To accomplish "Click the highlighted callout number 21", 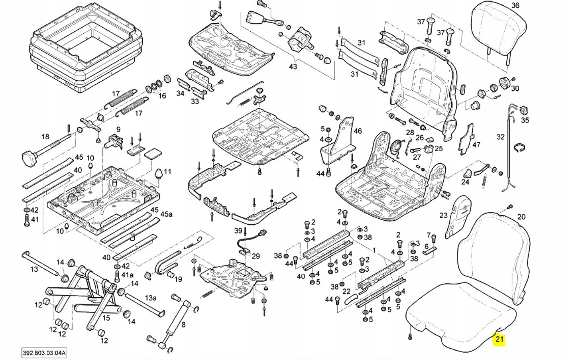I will [499, 339].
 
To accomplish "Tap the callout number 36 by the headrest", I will [515, 5].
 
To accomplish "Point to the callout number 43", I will [293, 66].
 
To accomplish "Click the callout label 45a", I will [166, 214].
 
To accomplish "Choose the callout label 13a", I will [151, 298].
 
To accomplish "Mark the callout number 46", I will [357, 131].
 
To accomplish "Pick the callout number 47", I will [476, 145].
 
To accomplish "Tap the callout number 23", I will [443, 215].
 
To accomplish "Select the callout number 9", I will [118, 130].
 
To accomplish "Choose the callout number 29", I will [256, 256].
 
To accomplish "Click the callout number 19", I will [178, 279].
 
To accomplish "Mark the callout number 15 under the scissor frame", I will [106, 318].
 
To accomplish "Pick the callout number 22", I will [346, 292].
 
